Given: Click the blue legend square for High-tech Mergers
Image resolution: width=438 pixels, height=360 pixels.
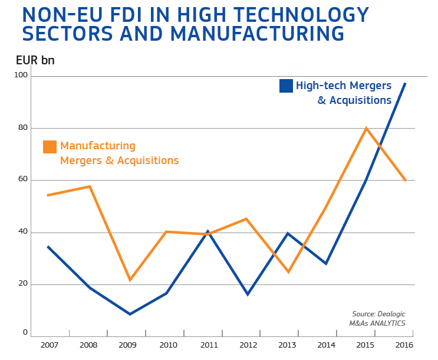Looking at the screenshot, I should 286,86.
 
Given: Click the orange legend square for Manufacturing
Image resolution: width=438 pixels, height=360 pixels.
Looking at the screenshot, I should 50,146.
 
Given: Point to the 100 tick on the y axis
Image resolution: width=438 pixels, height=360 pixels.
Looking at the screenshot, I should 21,75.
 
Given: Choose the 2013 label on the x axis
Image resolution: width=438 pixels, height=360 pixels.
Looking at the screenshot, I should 288,345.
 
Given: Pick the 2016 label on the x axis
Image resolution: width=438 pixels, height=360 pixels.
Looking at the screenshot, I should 404,345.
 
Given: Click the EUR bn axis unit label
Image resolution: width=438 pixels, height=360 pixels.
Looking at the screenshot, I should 35,60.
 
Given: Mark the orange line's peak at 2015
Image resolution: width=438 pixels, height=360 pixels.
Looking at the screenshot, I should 366,128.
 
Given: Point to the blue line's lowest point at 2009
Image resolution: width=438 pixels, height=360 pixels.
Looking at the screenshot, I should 130,314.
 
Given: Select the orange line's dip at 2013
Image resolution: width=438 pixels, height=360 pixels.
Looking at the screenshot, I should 288,272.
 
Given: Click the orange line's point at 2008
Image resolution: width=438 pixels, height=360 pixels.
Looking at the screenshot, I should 90,186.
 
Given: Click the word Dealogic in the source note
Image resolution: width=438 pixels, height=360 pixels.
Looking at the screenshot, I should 390,314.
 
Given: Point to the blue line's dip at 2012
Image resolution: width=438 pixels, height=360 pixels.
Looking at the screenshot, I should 248,294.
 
